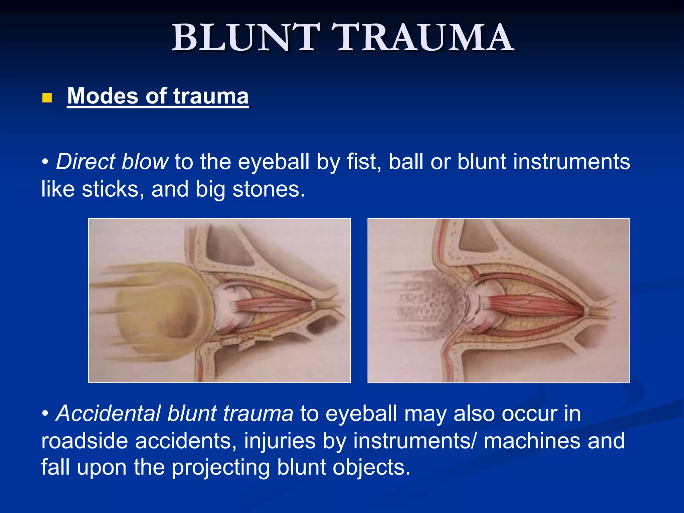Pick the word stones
point(269,189)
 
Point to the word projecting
point(220,468)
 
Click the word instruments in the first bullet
point(571,162)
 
